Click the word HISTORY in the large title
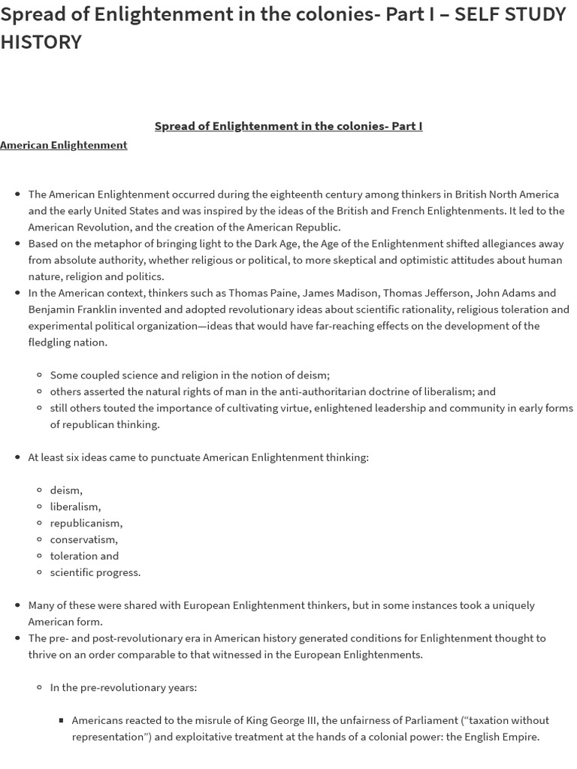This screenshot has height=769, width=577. click(x=41, y=42)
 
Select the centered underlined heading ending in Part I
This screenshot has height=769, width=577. click(x=288, y=126)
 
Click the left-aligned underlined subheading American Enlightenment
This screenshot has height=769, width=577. click(x=64, y=145)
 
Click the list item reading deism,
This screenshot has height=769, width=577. click(x=66, y=490)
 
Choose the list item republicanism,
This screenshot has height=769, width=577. click(x=86, y=523)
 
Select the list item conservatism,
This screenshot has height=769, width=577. click(x=83, y=540)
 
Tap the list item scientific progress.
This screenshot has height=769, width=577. click(x=95, y=572)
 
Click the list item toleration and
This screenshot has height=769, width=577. click(x=84, y=556)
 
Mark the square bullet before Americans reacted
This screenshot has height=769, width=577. click(x=62, y=720)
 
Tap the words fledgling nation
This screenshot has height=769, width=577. click(x=68, y=342)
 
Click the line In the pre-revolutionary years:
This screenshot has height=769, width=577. click(x=123, y=687)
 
